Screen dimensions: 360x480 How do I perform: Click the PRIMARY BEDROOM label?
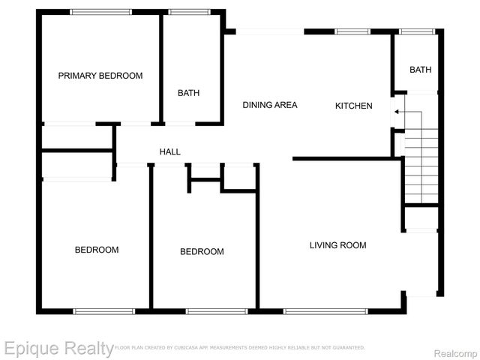[x=100, y=76]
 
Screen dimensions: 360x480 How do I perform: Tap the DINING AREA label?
[x=270, y=105]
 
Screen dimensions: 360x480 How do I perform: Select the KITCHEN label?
[x=353, y=106]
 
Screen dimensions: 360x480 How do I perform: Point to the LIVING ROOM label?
[x=338, y=245]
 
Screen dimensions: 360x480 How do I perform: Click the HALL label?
[x=170, y=152]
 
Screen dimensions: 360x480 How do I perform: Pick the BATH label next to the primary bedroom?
[x=188, y=94]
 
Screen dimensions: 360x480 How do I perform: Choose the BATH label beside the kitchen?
[x=420, y=70]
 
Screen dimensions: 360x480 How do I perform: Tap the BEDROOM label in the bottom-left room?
[x=97, y=250]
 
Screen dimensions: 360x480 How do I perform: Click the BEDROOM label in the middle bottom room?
[x=202, y=251]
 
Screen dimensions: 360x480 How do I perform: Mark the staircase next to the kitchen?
[x=420, y=165]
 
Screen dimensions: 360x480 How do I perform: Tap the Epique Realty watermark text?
[x=58, y=348]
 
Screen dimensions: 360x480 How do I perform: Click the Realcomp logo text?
[x=451, y=350]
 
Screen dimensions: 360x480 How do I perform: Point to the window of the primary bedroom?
[x=100, y=12]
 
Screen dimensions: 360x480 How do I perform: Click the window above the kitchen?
[x=351, y=31]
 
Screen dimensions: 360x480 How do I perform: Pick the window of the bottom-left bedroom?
[x=103, y=310]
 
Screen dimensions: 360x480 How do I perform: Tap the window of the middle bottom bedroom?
[x=217, y=310]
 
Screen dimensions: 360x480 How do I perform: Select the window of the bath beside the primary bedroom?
[x=188, y=12]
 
